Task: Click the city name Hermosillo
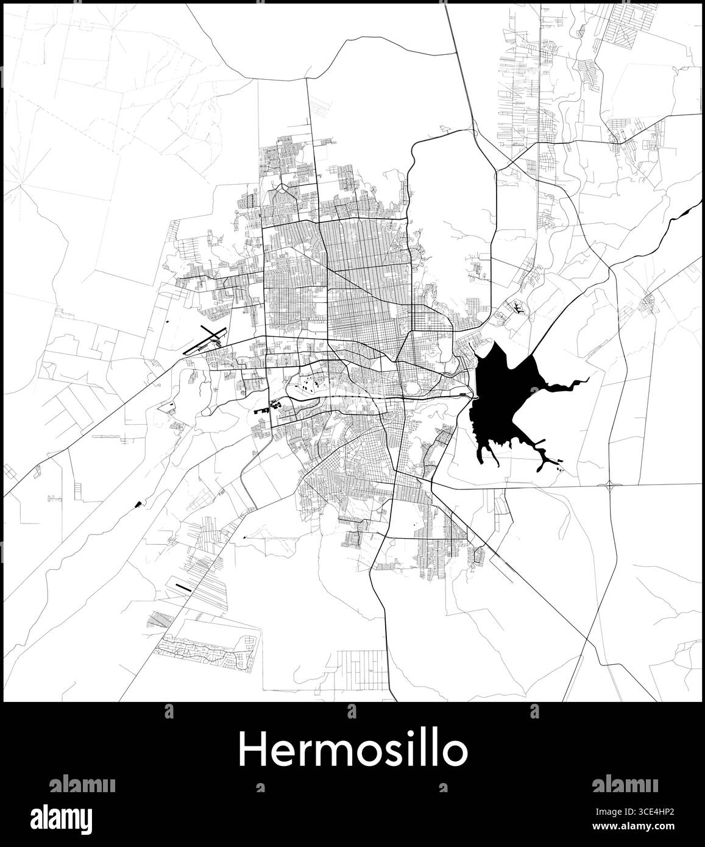click(x=353, y=751)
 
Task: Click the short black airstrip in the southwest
click(x=183, y=587)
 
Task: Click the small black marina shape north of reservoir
click(x=517, y=309)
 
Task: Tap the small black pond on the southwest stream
click(x=138, y=503)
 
